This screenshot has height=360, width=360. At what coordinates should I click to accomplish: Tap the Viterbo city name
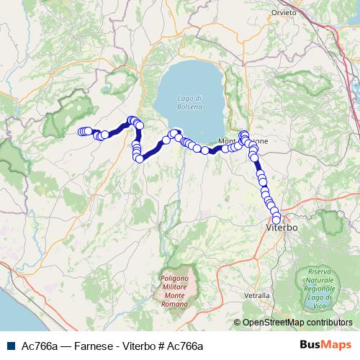[276, 228]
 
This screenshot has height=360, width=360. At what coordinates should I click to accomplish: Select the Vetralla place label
[257, 295]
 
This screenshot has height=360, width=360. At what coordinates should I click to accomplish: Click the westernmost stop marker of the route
[81, 131]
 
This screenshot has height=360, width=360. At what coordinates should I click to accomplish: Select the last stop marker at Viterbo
[276, 219]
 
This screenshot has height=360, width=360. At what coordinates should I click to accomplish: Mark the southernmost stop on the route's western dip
[138, 158]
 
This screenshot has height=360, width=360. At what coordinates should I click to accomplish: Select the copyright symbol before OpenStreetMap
[238, 323]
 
